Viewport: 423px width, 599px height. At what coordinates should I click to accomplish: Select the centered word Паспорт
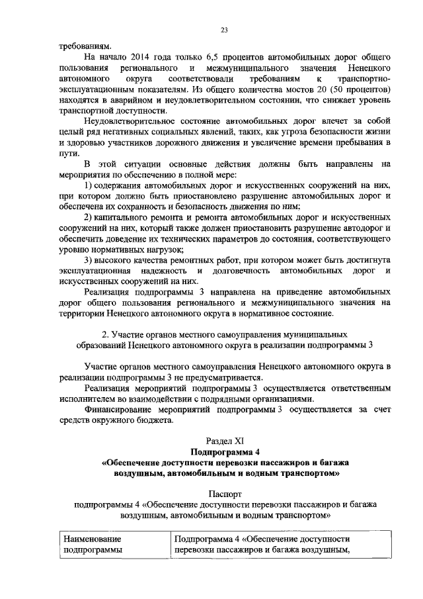[225, 493]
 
